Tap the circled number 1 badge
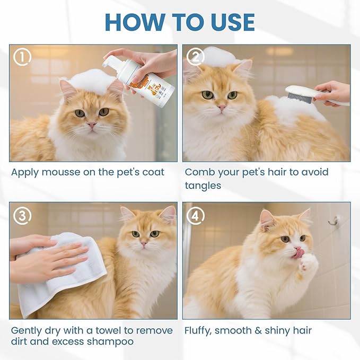22,57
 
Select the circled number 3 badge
22,215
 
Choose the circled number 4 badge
196,215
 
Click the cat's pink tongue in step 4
300,254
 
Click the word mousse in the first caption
57,172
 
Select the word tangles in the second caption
203,186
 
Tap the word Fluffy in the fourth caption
199,331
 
